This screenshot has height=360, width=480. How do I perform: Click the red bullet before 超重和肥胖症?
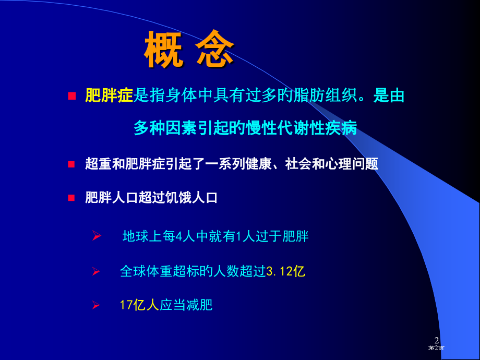72,164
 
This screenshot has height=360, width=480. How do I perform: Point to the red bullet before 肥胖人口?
72,198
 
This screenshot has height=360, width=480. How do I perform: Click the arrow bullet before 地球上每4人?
96,237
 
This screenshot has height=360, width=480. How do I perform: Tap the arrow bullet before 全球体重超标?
96,271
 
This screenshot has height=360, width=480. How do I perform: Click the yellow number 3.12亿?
285,271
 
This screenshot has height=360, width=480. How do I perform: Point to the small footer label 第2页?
437,348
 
